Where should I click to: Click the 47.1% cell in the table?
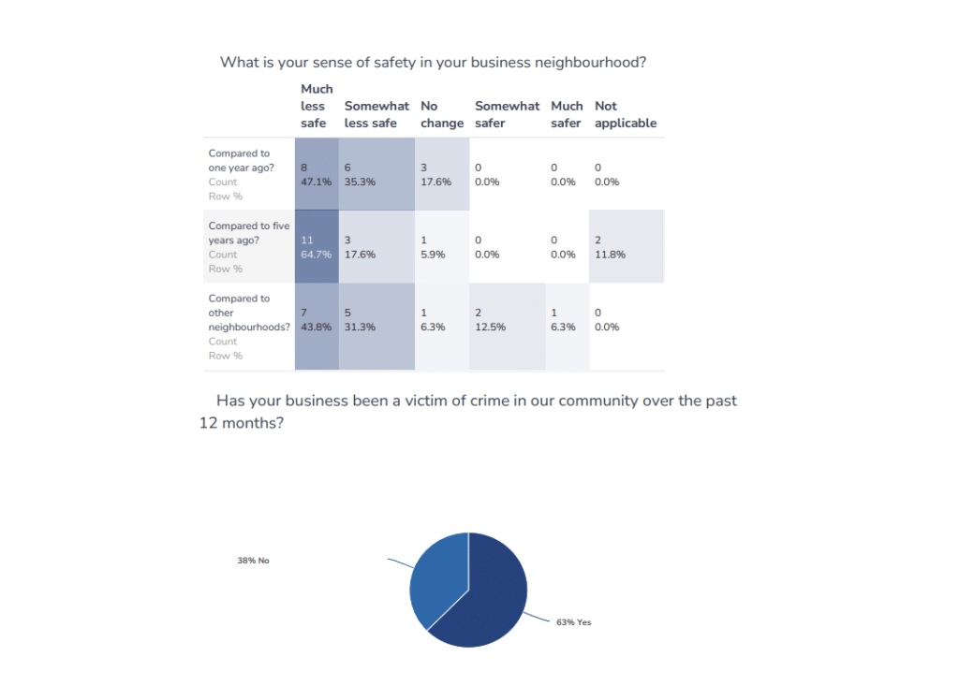click(x=317, y=175)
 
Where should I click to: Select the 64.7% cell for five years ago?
click(x=317, y=247)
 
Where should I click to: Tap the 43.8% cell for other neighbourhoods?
click(x=317, y=320)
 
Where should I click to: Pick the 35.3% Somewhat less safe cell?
click(x=376, y=175)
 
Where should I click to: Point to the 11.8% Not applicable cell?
click(x=626, y=247)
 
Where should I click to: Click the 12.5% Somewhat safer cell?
click(x=507, y=320)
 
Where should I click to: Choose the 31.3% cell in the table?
click(x=376, y=320)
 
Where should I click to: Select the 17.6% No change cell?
click(x=441, y=175)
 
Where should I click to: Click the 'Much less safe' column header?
click(x=317, y=106)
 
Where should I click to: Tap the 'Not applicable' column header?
click(x=625, y=114)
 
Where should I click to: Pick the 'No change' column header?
click(x=441, y=114)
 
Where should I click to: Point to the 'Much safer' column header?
click(x=567, y=114)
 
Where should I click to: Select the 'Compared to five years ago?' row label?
click(x=248, y=233)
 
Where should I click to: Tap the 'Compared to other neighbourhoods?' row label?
click(x=248, y=313)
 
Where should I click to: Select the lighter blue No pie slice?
click(x=436, y=576)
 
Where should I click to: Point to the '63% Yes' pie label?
click(x=573, y=622)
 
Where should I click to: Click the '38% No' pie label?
click(x=253, y=561)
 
